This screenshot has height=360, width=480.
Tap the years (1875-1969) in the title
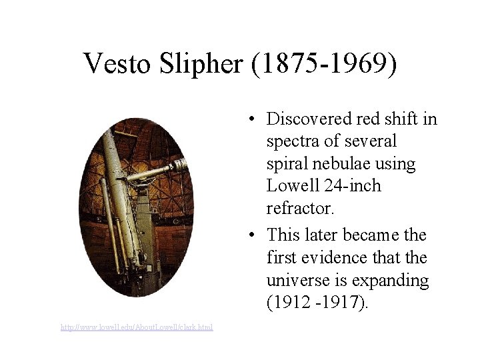[325, 63]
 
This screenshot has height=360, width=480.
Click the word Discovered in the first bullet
[307, 119]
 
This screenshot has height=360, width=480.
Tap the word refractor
[299, 208]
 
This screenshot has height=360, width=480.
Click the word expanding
[388, 280]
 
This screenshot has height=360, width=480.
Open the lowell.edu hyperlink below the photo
[137, 327]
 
